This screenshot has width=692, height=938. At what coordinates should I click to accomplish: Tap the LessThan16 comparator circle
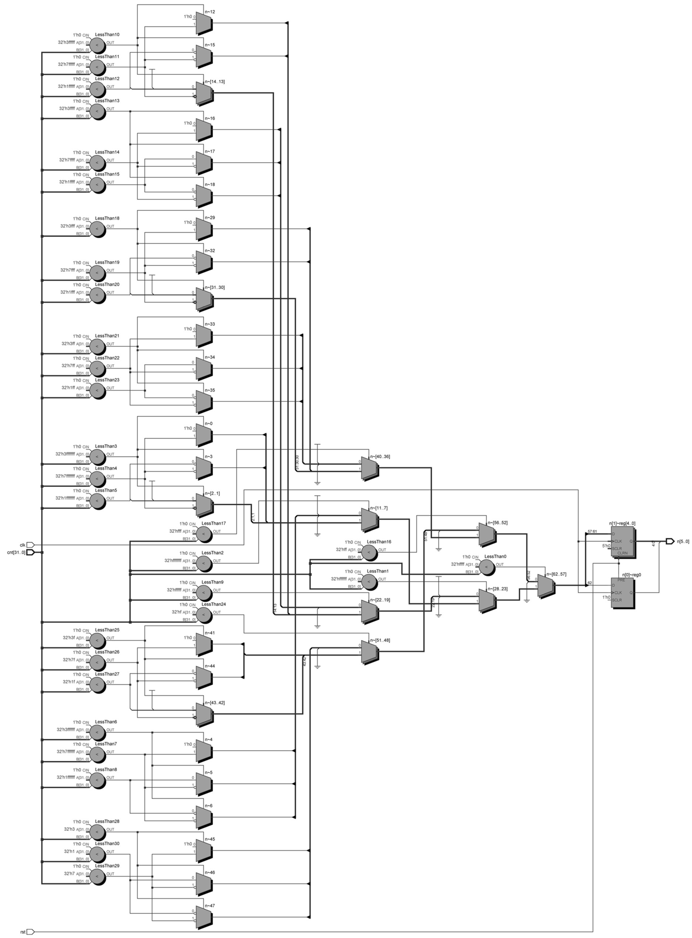point(369,552)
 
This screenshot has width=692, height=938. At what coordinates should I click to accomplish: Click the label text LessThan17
point(214,523)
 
